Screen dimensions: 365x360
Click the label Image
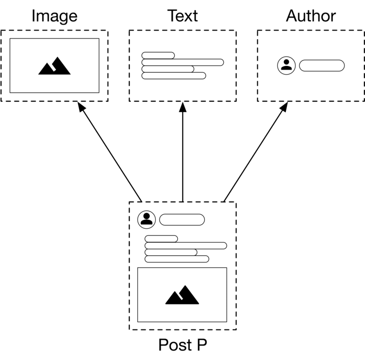pos(55,16)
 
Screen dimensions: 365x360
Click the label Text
pos(182,16)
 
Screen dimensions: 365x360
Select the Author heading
pos(311,16)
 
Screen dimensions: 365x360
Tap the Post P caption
pos(182,344)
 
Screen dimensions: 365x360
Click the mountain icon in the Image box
pos(55,66)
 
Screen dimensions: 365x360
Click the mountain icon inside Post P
pos(182,295)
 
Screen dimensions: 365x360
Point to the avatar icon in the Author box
pos(286,66)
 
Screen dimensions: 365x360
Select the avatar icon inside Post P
pos(146,220)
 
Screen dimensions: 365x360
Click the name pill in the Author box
pos(322,66)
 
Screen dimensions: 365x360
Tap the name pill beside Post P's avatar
pos(182,220)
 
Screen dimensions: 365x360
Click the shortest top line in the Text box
pos(158,56)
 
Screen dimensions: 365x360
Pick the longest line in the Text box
pos(183,62)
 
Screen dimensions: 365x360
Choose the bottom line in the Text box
pos(174,76)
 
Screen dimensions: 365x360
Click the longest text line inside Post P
pos(186,245)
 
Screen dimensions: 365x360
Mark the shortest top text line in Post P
pos(161,239)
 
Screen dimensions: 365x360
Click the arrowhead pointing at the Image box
pos(81,107)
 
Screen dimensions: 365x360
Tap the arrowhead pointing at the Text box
pos(183,107)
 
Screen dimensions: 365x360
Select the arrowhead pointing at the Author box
pos(284,107)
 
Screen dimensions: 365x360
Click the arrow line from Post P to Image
pos(110,152)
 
